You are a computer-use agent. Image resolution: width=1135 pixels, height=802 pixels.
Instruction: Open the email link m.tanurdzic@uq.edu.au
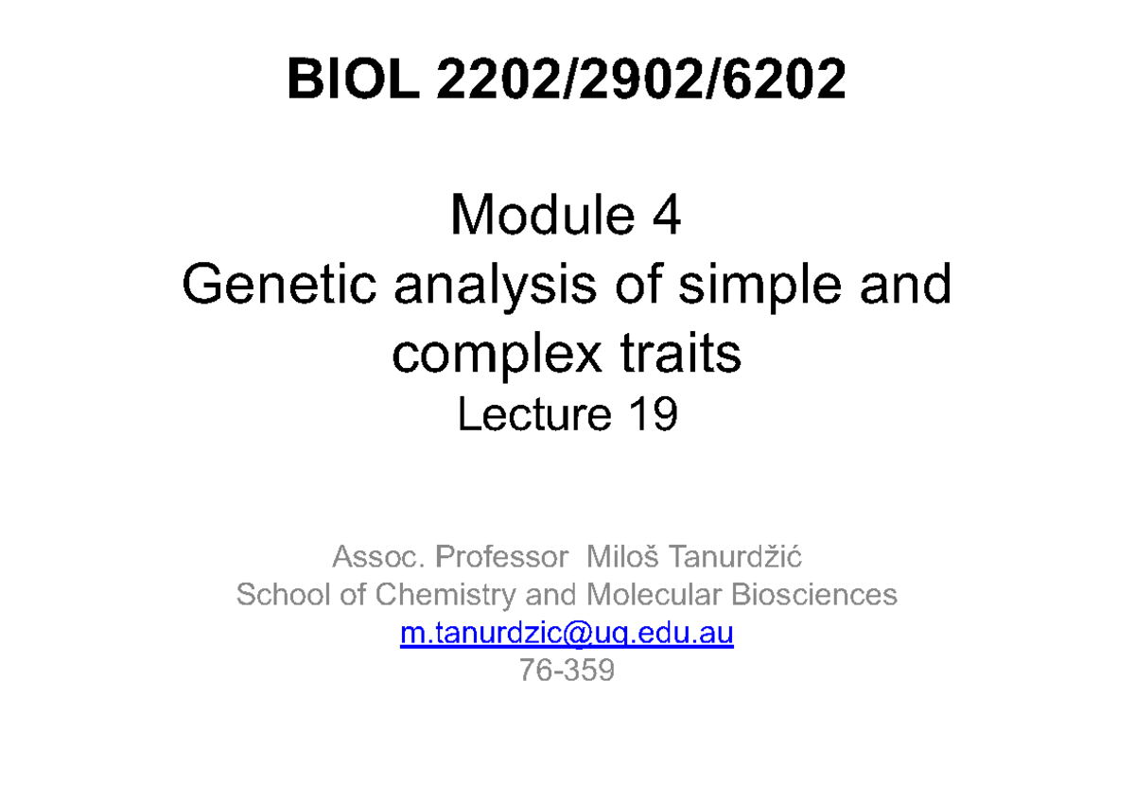(x=567, y=633)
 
